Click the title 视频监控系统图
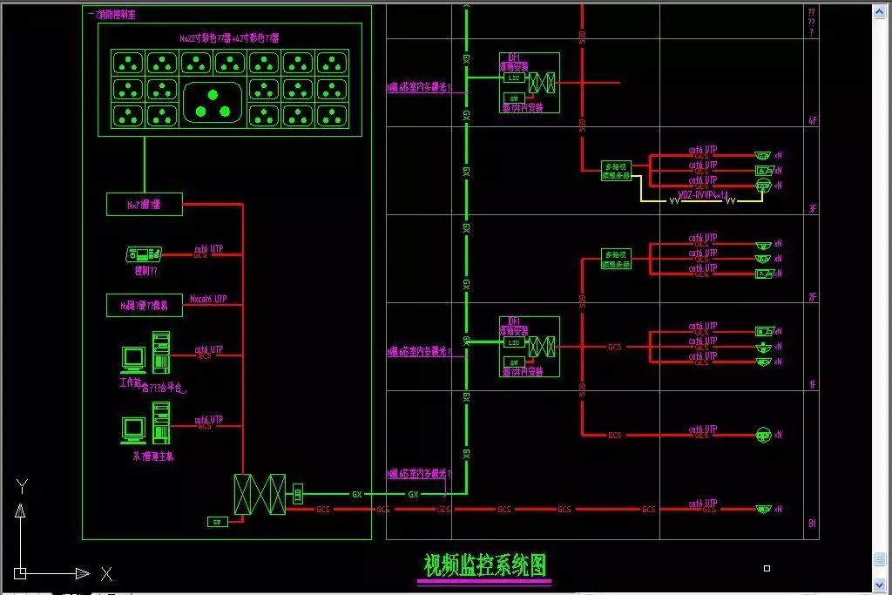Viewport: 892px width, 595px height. pyautogui.click(x=486, y=566)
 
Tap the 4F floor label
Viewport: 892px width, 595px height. pyautogui.click(x=813, y=122)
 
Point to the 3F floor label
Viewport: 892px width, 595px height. pyautogui.click(x=813, y=209)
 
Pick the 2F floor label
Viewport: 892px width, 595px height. pyautogui.click(x=813, y=297)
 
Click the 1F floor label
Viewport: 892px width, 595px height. pyautogui.click(x=813, y=384)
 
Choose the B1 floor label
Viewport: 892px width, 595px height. pyautogui.click(x=812, y=524)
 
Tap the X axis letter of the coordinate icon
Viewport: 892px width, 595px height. pyautogui.click(x=106, y=574)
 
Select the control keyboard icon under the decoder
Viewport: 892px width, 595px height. pyautogui.click(x=144, y=254)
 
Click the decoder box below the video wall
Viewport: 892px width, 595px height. pyautogui.click(x=145, y=205)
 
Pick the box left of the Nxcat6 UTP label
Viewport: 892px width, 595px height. pyautogui.click(x=145, y=305)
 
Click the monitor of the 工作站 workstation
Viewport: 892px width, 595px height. pyautogui.click(x=133, y=358)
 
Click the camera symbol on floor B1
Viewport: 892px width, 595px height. pyautogui.click(x=763, y=509)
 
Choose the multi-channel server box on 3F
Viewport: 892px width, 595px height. pyautogui.click(x=616, y=170)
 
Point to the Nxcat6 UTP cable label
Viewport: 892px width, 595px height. pyautogui.click(x=208, y=299)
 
